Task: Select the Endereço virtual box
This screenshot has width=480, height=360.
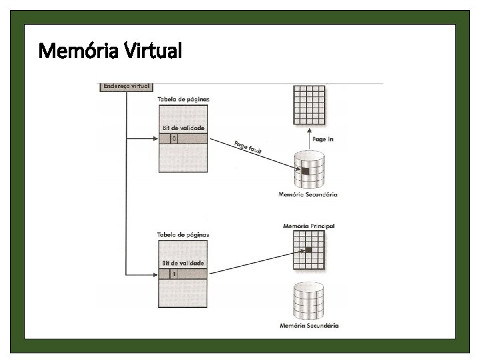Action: [x=125, y=86]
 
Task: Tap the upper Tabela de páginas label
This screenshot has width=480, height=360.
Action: [x=183, y=99]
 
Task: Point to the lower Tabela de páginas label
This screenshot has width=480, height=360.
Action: [x=183, y=235]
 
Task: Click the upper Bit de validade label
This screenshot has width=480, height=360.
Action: [x=183, y=127]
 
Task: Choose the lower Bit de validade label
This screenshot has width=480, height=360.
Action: [x=183, y=263]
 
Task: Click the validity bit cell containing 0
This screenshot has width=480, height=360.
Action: [x=175, y=139]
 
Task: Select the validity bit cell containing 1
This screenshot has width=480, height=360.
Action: [x=175, y=273]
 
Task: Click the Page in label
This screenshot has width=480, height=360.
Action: [x=323, y=139]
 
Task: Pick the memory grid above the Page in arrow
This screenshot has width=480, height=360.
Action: [x=309, y=104]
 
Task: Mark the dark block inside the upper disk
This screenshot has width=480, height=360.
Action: [x=305, y=171]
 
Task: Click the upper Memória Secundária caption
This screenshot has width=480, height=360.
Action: [x=308, y=195]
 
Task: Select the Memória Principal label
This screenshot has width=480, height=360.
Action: [x=309, y=227]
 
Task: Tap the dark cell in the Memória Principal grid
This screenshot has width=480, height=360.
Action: [x=309, y=250]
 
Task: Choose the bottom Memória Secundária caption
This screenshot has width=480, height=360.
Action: [x=309, y=325]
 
